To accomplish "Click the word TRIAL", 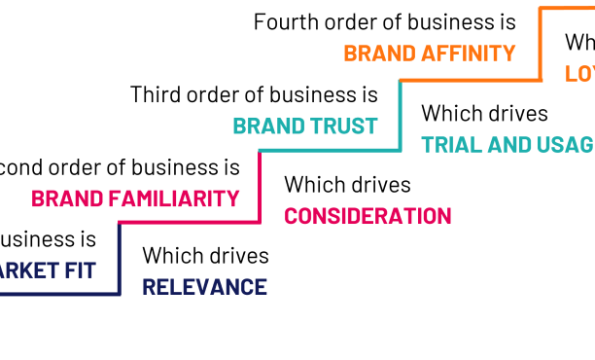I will [451, 145].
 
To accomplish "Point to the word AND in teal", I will [508, 145].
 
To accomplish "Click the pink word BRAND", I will [67, 198].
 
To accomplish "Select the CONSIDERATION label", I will [367, 216].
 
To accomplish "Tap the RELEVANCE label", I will [204, 287].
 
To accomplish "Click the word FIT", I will [80, 270].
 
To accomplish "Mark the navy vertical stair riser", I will [119, 258].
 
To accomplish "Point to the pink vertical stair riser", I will [260, 186].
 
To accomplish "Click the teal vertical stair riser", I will [400, 115].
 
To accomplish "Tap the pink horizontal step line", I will [190, 223].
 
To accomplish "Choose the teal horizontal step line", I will [330, 151].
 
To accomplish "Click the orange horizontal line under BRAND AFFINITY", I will [471, 80].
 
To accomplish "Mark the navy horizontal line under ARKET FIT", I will [58, 294].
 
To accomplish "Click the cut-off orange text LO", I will [579, 74].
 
